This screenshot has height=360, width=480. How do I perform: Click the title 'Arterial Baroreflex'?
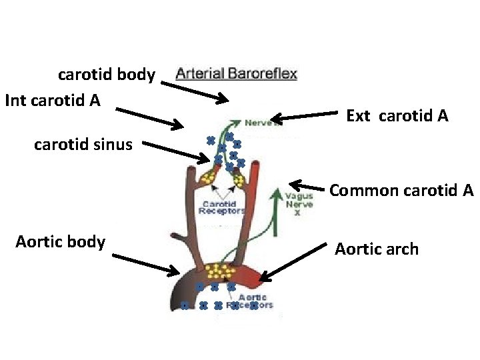tap(236, 73)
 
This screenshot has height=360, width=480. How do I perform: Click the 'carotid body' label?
tap(107, 74)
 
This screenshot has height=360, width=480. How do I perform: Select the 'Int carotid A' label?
tap(53, 100)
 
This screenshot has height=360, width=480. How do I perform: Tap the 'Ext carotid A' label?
tap(397, 116)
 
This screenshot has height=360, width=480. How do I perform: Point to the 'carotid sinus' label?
tap(83, 144)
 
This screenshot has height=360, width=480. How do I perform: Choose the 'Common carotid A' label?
tap(401, 190)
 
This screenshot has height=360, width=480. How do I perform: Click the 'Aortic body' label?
tap(60, 241)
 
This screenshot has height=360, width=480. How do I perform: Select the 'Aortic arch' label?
tap(377, 249)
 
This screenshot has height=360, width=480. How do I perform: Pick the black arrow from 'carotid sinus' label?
tap(175, 151)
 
